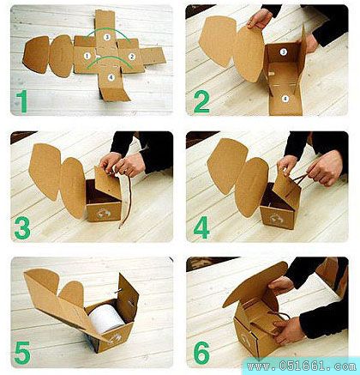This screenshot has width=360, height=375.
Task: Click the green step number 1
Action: click(22, 101)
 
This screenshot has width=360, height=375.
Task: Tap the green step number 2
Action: click(201, 101)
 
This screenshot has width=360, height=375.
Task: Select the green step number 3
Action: click(22, 227)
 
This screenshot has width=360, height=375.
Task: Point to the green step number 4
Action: click(201, 227)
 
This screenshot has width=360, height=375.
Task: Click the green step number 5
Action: click(22, 353)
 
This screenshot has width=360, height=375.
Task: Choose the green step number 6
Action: click(201, 353)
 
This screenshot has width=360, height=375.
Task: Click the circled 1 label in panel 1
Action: click(87, 56)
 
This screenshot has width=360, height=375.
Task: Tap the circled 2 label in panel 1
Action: click(131, 57)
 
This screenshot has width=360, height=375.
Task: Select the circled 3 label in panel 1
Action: click(106, 37)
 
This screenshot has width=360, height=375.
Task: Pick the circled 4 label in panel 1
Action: click(111, 77)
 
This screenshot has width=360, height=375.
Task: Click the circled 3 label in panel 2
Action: click(283, 51)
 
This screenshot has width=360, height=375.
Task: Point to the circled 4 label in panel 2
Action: click(285, 99)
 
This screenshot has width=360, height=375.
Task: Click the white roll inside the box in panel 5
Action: click(106, 318)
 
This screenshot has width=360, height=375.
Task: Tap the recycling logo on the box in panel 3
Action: click(102, 213)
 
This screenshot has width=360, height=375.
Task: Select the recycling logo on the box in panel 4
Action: click(277, 220)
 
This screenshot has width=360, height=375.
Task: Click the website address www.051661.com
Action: click(302, 366)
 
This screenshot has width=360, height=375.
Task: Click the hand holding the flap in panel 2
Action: click(260, 18)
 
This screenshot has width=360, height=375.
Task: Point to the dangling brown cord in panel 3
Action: click(126, 201)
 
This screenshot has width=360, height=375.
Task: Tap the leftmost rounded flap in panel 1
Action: click(36, 54)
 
